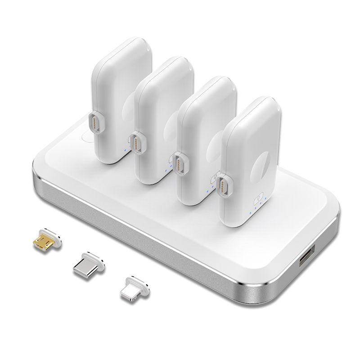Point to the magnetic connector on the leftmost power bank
[95, 121]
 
